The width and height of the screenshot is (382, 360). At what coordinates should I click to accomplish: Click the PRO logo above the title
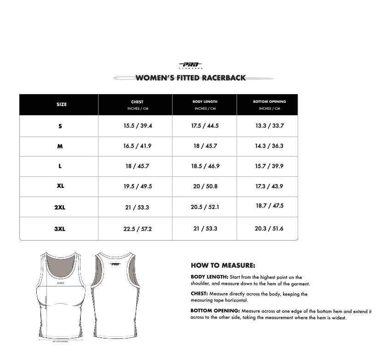point(190,65)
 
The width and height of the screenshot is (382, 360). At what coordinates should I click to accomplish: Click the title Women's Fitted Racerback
point(191,78)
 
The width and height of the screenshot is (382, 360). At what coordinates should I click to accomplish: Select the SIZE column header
point(62,105)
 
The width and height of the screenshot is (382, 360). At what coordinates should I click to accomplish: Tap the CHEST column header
point(137,102)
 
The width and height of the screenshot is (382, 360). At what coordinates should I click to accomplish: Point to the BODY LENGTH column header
point(205,101)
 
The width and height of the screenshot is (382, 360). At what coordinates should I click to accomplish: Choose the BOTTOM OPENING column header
point(269,101)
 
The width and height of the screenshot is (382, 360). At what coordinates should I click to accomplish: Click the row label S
point(60,126)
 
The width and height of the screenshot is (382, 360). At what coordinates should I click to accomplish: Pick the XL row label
point(60,186)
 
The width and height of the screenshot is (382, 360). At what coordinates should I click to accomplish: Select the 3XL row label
point(60,229)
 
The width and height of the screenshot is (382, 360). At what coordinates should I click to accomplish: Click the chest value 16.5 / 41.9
point(137,146)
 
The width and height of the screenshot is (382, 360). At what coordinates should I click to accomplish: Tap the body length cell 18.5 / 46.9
point(205,166)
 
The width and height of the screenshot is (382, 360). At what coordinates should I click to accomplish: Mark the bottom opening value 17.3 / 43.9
point(269,186)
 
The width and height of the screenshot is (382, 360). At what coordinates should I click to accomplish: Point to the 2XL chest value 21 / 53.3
point(137,208)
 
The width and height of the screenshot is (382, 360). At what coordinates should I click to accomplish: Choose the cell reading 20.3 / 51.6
point(269,229)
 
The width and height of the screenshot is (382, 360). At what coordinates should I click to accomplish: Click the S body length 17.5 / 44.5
point(205,126)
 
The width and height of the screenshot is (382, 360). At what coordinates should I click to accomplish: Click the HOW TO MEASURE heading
point(223,265)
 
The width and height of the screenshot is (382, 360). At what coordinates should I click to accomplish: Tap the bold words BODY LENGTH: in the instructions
point(210,277)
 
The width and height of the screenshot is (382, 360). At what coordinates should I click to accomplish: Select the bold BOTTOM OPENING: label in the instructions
point(215,311)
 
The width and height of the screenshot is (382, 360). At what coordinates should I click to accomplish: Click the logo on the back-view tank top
point(115,264)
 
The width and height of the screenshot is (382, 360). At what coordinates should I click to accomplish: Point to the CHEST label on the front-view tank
point(61,283)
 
